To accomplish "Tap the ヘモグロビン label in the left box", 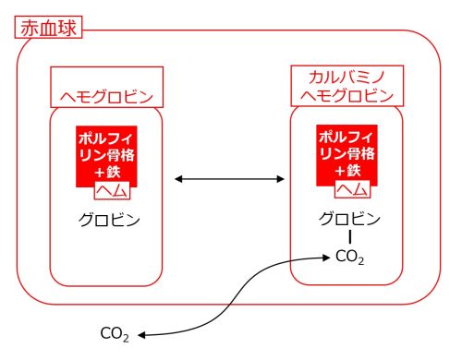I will pyautogui.click(x=106, y=96).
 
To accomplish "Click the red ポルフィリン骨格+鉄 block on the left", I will pyautogui.click(x=107, y=153).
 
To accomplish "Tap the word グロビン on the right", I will pyautogui.click(x=349, y=219).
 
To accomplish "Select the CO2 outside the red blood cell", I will pyautogui.click(x=115, y=333).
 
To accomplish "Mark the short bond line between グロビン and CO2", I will pyautogui.click(x=349, y=238).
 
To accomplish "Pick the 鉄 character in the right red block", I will pyautogui.click(x=359, y=172).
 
